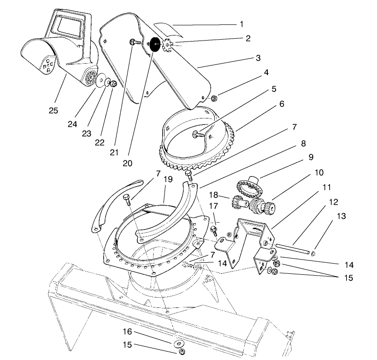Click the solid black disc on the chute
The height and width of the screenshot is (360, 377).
click(154, 44)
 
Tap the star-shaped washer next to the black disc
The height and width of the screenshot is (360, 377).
click(166, 46)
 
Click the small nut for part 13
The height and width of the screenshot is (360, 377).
click(313, 253)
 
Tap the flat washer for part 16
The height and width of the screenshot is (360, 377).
click(178, 343)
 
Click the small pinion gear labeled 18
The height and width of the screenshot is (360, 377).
click(237, 201)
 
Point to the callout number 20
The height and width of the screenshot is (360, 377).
click(128, 163)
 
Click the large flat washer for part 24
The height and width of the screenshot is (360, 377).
click(100, 81)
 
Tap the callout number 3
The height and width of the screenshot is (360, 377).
click(258, 58)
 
